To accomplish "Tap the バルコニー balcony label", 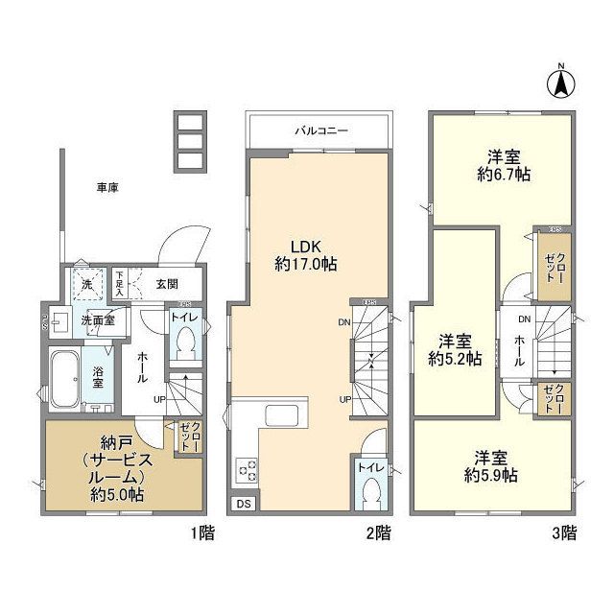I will click(319, 130).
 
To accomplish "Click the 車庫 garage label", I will click(106, 188).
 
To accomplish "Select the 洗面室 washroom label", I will click(97, 320).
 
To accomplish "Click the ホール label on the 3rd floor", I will click(520, 343).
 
